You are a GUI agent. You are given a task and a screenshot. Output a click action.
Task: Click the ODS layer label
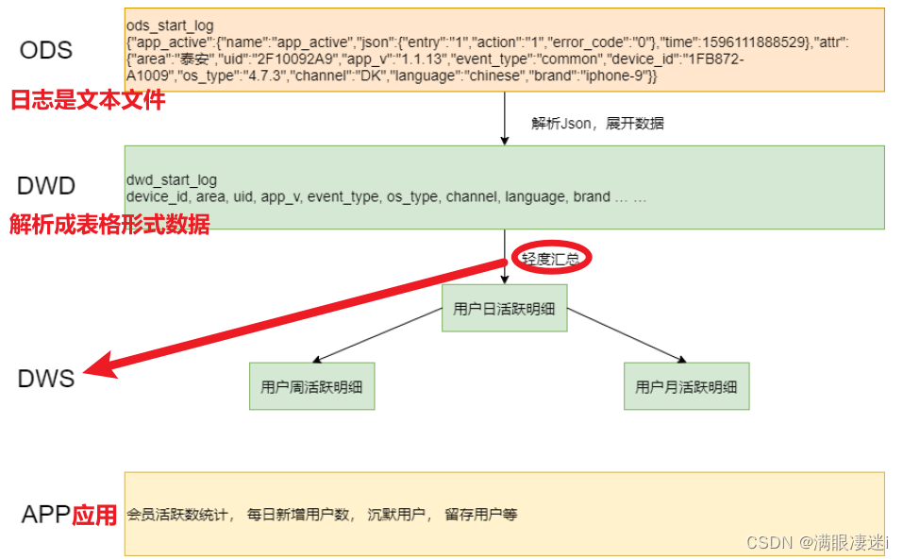click(45, 49)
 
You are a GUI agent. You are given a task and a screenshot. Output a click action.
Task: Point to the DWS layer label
click(45, 379)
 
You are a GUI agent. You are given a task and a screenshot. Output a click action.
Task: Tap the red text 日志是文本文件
click(88, 99)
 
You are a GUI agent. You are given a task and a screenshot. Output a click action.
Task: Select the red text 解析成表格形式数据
click(109, 225)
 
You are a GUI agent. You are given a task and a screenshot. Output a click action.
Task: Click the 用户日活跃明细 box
click(504, 308)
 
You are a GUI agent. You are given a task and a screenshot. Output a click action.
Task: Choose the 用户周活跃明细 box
click(311, 386)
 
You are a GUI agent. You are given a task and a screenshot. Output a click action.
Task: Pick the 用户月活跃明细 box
click(686, 386)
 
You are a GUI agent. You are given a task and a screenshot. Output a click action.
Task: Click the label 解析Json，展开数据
click(597, 123)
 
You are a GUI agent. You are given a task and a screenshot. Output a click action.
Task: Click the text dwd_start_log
click(171, 180)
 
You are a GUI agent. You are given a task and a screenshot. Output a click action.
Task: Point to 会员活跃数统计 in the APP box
click(178, 515)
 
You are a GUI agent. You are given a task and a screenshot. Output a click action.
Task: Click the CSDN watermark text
click(817, 542)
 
